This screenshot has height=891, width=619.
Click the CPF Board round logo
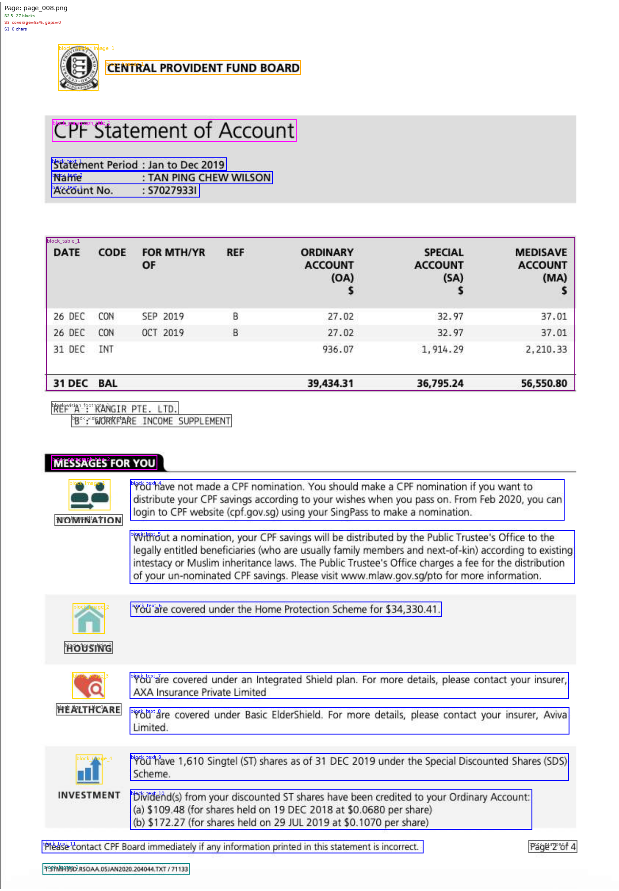[x=78, y=68]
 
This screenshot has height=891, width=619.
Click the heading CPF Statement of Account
[x=174, y=131]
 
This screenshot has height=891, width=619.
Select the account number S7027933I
[x=172, y=190]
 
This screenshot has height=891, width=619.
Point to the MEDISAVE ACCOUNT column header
[x=541, y=265]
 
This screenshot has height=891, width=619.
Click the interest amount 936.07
[x=338, y=350]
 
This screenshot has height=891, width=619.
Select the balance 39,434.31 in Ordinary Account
[x=330, y=384]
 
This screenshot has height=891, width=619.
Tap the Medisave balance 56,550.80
[x=543, y=384]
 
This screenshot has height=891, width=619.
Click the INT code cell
[x=106, y=350]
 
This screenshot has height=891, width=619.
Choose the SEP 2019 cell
[x=163, y=316]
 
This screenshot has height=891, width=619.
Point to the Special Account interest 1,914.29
[x=442, y=350]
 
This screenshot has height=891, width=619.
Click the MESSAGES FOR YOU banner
[x=104, y=463]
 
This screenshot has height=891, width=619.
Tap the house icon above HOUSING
[x=89, y=619]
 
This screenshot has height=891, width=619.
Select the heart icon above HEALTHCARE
[x=89, y=685]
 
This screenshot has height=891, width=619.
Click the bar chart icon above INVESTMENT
[x=89, y=769]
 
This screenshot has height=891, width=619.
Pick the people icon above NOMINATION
[x=89, y=495]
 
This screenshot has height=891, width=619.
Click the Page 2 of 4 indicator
[x=553, y=847]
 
